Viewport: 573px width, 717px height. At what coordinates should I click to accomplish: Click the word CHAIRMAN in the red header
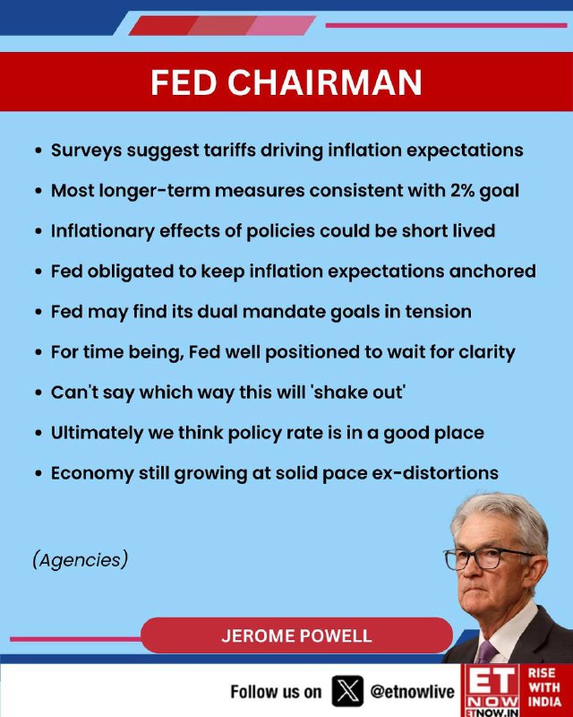coord(325,82)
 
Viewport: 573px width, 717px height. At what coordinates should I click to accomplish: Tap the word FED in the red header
coord(184,82)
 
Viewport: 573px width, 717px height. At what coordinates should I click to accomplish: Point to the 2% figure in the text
coord(461,190)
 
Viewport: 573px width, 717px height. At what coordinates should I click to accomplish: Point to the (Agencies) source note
coord(81,559)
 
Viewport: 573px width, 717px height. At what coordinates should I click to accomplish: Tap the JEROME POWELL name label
coord(296,635)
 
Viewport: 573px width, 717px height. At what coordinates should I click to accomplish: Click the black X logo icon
coord(347,691)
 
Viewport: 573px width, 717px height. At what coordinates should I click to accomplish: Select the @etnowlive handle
coord(412,691)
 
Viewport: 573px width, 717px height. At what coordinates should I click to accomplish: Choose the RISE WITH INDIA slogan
coord(544,687)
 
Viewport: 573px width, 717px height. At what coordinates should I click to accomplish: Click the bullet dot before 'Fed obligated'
coord(38,272)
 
